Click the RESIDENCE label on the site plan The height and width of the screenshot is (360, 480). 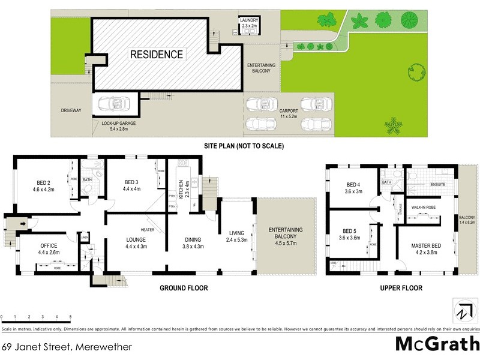pyautogui.click(x=157, y=55)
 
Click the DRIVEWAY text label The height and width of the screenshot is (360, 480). pyautogui.click(x=71, y=110)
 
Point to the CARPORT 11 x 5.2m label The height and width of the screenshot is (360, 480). pyautogui.click(x=289, y=114)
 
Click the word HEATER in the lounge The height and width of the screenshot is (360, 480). pyautogui.click(x=148, y=230)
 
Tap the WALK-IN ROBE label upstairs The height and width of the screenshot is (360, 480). pyautogui.click(x=424, y=207)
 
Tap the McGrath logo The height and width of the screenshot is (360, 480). pyautogui.click(x=437, y=344)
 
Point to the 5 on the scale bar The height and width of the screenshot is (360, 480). pyautogui.click(x=70, y=316)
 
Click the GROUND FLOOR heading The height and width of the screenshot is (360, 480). pyautogui.click(x=184, y=288)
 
